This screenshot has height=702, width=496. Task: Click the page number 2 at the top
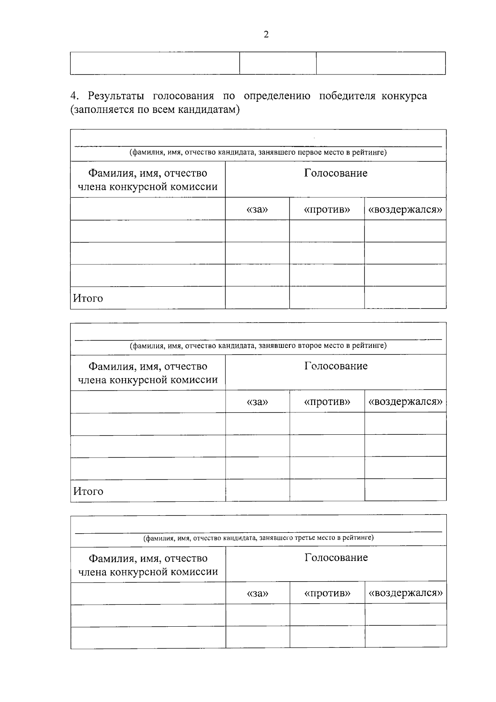266,35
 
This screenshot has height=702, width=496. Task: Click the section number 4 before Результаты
74,96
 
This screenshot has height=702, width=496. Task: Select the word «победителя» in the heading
347,96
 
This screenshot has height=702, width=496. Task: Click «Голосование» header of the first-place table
336,173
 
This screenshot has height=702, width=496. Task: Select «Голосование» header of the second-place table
336,366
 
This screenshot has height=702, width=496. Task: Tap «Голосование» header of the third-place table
336,558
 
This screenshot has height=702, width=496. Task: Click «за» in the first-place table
257,209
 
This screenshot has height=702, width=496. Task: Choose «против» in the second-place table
327,402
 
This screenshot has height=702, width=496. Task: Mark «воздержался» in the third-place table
405,593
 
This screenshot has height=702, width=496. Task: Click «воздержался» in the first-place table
405,209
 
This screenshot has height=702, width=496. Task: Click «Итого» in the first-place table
88,298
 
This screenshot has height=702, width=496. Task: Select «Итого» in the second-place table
88,491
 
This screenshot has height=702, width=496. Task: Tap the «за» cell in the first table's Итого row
257,297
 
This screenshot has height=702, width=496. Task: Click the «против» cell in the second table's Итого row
327,490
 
